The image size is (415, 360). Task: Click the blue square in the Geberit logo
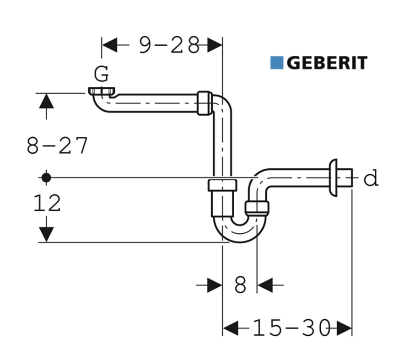click(x=277, y=63)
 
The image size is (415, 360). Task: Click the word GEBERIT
click(x=327, y=63)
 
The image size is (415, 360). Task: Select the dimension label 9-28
click(x=169, y=45)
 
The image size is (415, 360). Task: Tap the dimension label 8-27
click(x=57, y=146)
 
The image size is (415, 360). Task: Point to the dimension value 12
click(x=47, y=203)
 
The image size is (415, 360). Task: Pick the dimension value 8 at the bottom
click(x=240, y=285)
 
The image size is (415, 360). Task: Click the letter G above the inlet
click(x=102, y=73)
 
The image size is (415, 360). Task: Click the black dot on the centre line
click(x=46, y=177)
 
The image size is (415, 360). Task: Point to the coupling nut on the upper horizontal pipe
click(x=205, y=103)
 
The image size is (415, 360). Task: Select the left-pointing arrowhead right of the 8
click(x=264, y=285)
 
